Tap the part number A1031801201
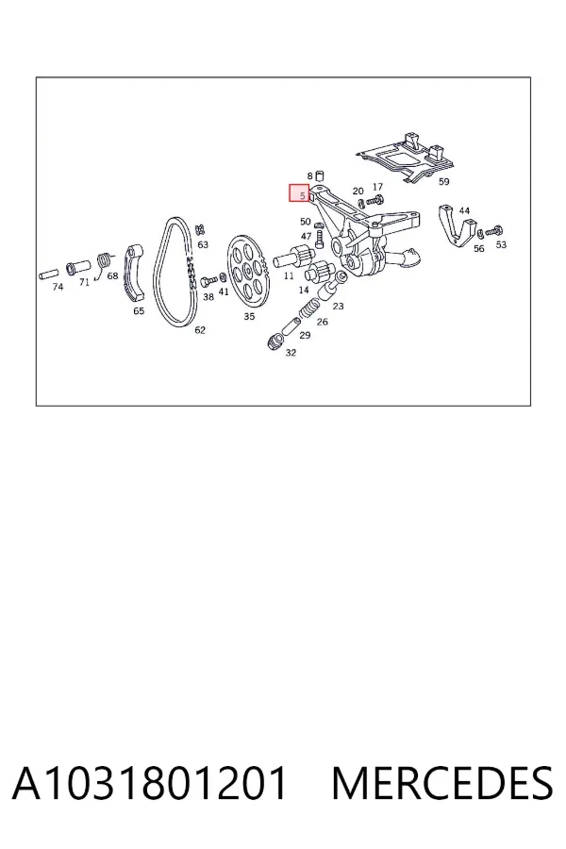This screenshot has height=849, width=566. pos(149,783)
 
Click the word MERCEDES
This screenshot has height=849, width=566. pos(442,783)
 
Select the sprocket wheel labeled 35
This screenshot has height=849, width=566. pos(247,272)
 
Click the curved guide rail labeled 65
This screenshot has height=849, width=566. pos(135,274)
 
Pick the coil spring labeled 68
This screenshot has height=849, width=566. pos(104,263)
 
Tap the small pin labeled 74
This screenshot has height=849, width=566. pos(49,274)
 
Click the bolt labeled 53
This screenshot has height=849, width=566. pos(494,231)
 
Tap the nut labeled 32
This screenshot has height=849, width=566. pos(275,342)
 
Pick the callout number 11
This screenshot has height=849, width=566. pos(289,275)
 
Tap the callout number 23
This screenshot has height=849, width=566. pos(338,306)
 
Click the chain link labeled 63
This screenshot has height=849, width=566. pos(199,229)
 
